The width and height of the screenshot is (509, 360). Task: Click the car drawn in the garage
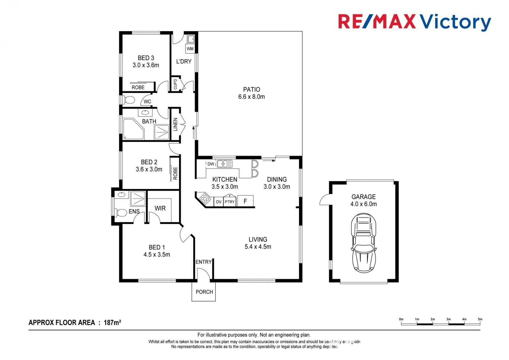click(363, 243)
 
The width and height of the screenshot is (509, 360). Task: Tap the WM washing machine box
click(190, 49)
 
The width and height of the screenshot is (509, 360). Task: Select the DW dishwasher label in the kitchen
click(211, 164)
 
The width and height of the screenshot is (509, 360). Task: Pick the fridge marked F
click(245, 201)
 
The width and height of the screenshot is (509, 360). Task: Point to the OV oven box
click(219, 202)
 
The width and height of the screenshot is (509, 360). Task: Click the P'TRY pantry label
click(229, 202)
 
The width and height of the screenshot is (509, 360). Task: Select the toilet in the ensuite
click(121, 213)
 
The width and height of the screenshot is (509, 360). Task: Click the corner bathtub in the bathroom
click(134, 129)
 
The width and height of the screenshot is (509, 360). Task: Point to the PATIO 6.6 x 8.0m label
click(251, 93)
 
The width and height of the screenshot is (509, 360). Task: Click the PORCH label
click(204, 292)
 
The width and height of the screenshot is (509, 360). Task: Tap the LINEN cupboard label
click(175, 124)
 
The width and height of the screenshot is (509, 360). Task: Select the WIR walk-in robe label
click(160, 208)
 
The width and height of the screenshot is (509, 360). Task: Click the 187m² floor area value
click(112, 322)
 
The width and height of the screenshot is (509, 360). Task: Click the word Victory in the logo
click(455, 22)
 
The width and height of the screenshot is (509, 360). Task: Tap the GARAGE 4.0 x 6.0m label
click(363, 200)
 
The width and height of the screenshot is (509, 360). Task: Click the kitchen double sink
click(225, 164)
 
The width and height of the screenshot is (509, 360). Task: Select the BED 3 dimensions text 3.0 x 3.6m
click(146, 65)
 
